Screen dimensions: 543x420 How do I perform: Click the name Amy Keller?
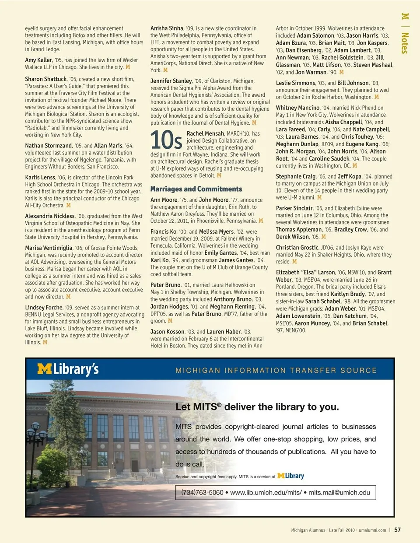(38, 60)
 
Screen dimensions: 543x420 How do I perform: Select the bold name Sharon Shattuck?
(46, 79)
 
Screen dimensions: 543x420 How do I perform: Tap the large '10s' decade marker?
(166, 140)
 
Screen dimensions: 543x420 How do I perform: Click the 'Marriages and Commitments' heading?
(196, 189)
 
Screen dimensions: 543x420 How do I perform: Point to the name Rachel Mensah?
(206, 133)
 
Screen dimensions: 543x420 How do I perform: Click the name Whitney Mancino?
(298, 108)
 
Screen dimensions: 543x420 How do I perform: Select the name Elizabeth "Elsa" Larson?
(305, 272)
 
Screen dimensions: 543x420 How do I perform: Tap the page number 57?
(397, 529)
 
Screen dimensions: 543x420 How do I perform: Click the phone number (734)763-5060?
(202, 492)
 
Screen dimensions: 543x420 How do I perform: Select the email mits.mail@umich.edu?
(339, 492)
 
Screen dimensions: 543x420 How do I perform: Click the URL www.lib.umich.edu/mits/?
(266, 492)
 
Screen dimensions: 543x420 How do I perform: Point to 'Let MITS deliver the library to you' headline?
(257, 407)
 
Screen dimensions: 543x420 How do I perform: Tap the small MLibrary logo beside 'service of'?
(291, 476)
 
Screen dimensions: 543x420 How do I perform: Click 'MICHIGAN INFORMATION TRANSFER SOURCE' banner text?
(276, 371)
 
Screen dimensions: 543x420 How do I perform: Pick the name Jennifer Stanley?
(171, 81)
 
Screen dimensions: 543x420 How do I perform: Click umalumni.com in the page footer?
(372, 530)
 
